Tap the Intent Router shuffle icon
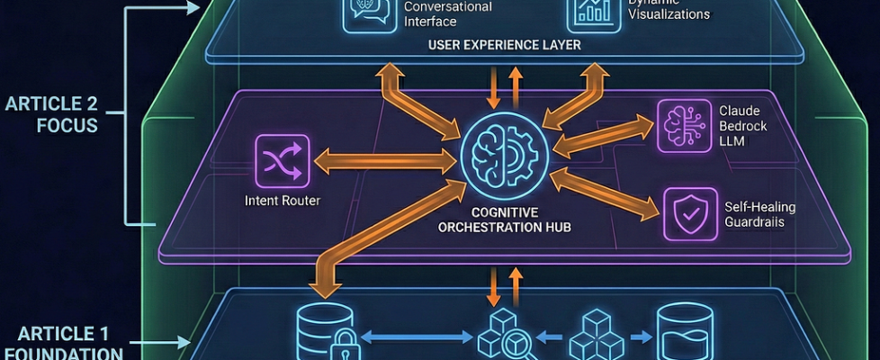coord(282,160)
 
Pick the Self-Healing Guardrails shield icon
coord(690,214)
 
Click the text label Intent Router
coord(283,201)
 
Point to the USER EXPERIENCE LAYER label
coord(504,44)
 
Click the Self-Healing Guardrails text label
coord(759,215)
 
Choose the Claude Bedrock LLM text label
coord(741,125)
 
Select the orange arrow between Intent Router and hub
coord(388,162)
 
